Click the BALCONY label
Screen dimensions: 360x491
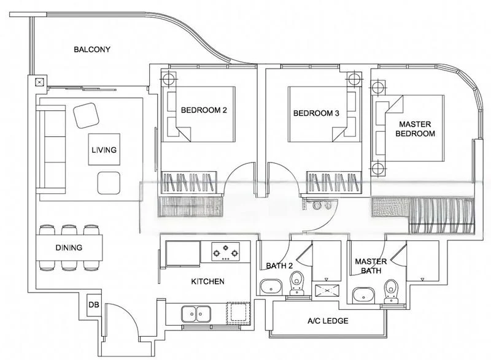[91, 50]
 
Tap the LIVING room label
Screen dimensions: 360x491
[104, 149]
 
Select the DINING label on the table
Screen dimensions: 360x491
[69, 248]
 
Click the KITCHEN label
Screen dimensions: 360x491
[207, 281]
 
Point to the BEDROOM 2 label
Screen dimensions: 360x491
[204, 111]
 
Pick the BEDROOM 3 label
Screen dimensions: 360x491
[316, 113]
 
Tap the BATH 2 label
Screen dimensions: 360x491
[279, 266]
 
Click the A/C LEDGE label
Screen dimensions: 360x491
[328, 321]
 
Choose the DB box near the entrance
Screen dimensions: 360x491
[95, 305]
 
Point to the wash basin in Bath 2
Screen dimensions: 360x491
[271, 288]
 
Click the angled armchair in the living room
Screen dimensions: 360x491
[85, 114]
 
